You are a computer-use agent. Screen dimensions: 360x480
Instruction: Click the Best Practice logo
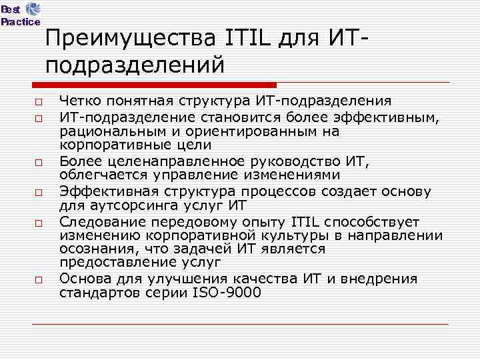point(20,14)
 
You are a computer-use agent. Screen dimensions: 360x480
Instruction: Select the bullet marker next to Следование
point(38,221)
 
